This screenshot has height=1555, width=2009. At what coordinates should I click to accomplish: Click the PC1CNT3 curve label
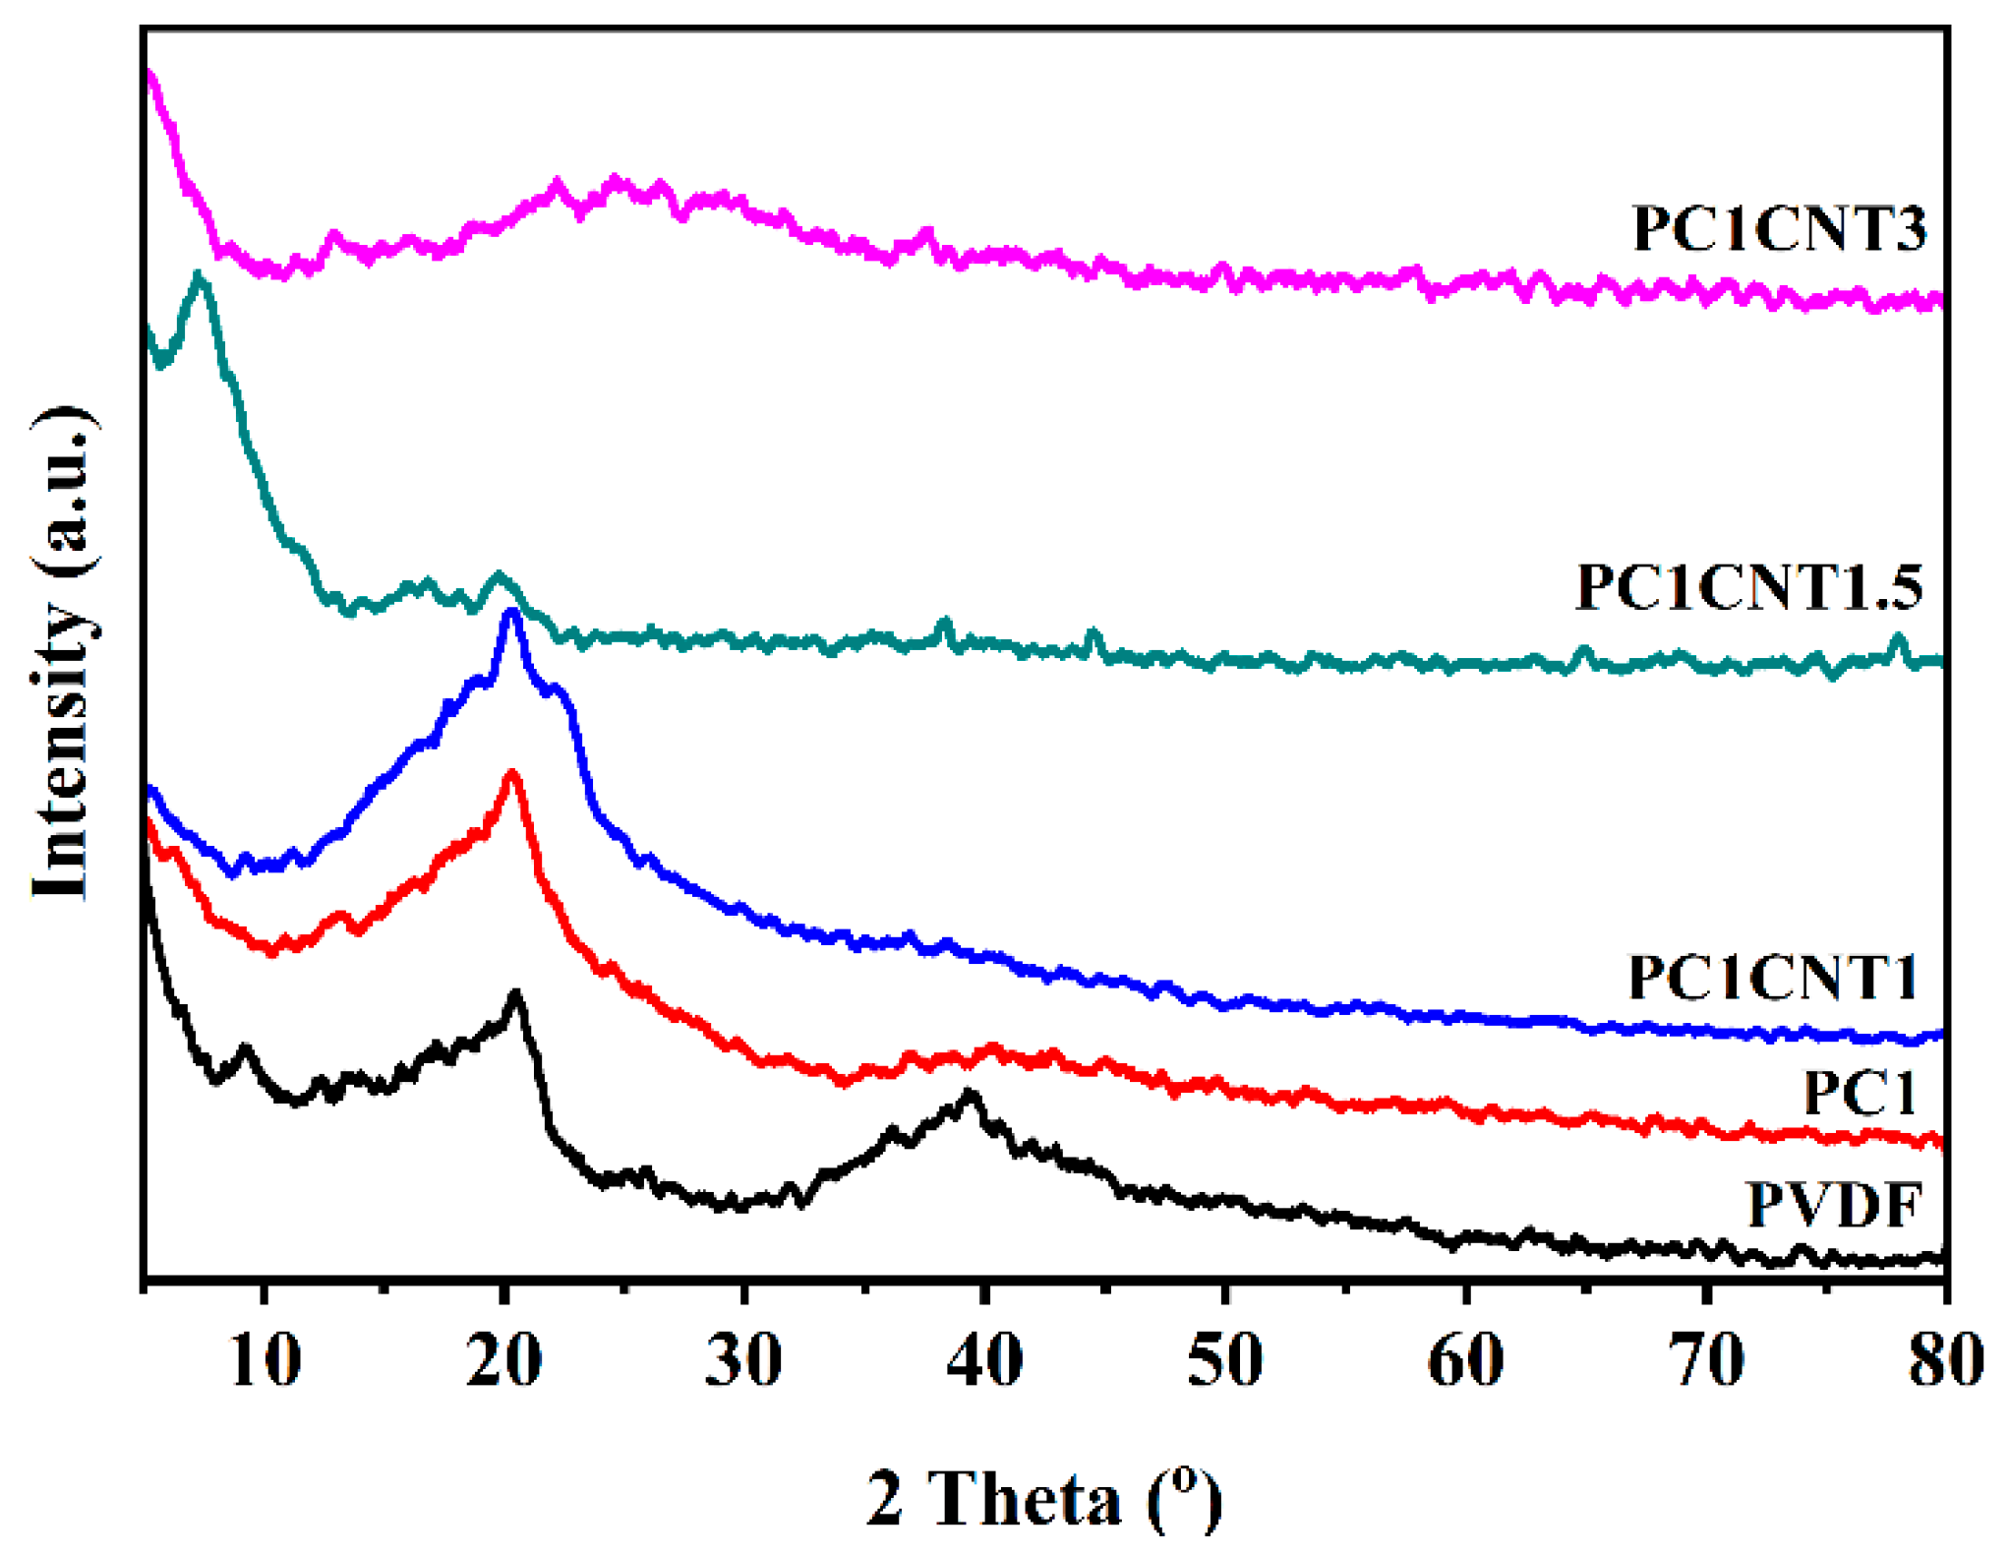1778,228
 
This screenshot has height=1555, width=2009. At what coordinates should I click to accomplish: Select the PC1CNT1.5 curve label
1747,587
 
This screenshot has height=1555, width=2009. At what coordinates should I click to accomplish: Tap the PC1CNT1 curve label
1772,977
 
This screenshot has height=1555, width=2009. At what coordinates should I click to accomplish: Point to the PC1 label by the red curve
1860,1092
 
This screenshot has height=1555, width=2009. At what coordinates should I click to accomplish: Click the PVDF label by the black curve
1834,1204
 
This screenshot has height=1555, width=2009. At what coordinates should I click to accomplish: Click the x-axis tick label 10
265,1361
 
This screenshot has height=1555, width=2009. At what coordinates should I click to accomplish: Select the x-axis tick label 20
504,1361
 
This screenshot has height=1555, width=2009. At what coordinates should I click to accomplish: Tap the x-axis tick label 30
744,1361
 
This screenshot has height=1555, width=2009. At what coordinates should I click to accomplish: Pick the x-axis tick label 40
984,1361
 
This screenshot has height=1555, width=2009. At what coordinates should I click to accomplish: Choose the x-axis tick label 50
1224,1361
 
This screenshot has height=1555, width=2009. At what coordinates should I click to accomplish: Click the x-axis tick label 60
1465,1361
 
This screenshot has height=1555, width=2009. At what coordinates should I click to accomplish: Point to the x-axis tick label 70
1706,1361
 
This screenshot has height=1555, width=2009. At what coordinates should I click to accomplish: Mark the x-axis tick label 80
1945,1361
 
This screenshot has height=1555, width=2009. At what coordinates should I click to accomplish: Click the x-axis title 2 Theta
1044,1498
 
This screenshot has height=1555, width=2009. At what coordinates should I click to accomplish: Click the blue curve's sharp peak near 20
510,613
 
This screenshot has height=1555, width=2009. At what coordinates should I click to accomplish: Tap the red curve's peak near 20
511,774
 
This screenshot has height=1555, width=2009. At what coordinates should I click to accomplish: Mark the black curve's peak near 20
515,994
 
